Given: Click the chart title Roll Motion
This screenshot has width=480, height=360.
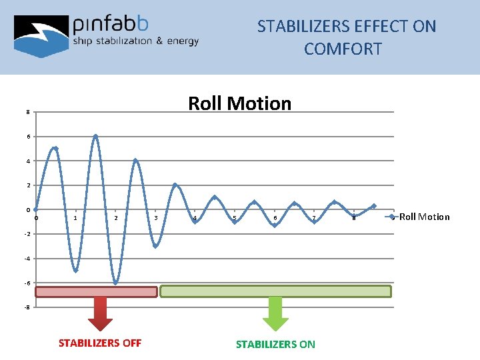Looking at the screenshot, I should [x=239, y=103].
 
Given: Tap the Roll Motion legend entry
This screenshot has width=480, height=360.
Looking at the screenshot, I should [x=424, y=217].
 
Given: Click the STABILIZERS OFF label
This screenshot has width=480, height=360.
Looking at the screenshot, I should [x=100, y=343].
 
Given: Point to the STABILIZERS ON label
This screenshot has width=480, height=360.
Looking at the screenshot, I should [x=275, y=344].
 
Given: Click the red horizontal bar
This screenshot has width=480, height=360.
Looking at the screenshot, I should [x=96, y=291].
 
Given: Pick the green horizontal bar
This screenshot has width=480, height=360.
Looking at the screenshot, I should [x=275, y=291].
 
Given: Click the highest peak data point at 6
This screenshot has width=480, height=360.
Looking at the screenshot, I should [x=95, y=137].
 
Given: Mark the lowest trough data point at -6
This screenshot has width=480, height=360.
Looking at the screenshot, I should [x=115, y=283].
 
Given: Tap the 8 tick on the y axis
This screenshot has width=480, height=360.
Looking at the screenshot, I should [x=27, y=112].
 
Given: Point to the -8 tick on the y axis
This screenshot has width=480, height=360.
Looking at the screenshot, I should [x=26, y=307].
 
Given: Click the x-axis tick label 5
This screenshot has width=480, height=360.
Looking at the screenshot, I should [x=234, y=218].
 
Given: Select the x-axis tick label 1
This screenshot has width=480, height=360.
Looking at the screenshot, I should [x=76, y=218].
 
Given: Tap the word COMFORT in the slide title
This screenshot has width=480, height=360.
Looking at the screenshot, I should [x=343, y=49].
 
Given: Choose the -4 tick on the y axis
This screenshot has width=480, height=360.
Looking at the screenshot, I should [x=26, y=259].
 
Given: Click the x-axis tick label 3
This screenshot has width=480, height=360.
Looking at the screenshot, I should [x=155, y=218].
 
